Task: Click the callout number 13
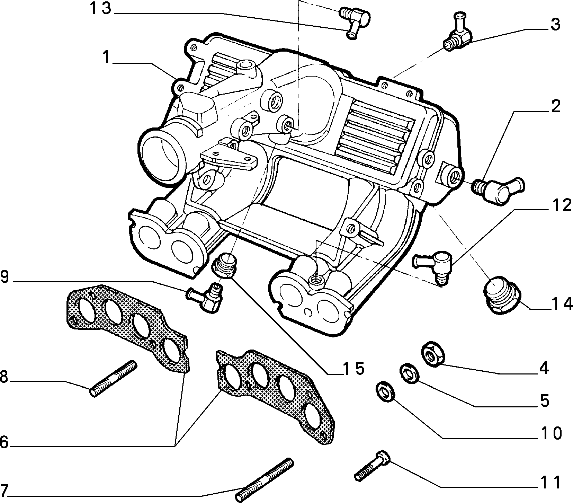click(101, 9)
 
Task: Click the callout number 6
click(4, 442)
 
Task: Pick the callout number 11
click(550, 482)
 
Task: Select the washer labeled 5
click(408, 374)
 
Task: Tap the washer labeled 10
click(384, 391)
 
